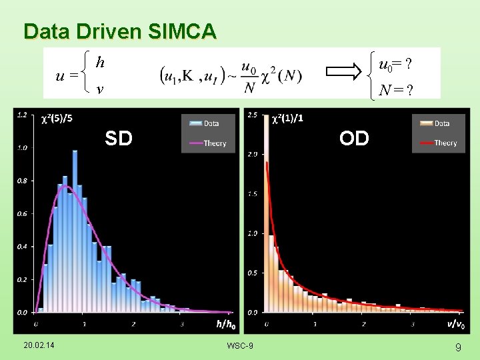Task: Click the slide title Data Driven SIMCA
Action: point(120,31)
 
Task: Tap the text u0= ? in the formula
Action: point(395,65)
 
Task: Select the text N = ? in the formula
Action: point(394,89)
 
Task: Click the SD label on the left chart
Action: point(118,139)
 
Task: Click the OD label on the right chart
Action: point(353,139)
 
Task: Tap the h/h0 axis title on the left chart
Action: point(226,325)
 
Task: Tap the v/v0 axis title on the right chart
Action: point(457,325)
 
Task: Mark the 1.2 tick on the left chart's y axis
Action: point(22,115)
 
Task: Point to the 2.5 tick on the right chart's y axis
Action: point(252,115)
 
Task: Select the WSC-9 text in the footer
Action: point(240,345)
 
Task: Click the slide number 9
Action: point(458,347)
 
